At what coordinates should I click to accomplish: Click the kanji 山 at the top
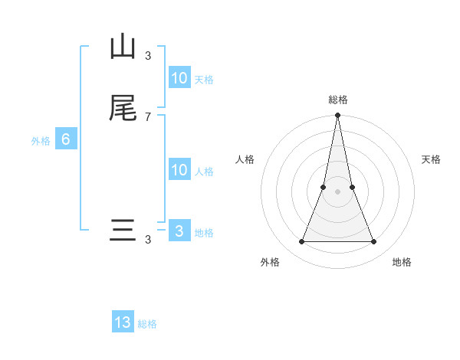123,47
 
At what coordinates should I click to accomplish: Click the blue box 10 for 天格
179,78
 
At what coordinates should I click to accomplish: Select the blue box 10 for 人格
179,170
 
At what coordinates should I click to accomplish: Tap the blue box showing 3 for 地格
179,231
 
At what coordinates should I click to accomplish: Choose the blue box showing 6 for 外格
66,139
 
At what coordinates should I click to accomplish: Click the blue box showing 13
123,322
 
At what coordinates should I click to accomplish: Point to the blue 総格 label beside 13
147,324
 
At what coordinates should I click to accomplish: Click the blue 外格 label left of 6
41,141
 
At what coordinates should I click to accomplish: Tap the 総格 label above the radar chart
338,100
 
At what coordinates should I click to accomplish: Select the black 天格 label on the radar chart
431,159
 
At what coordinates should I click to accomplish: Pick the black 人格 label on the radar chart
245,159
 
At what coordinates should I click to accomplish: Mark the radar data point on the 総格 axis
338,116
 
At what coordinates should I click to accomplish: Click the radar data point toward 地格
374,241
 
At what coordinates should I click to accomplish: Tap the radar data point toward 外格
301,241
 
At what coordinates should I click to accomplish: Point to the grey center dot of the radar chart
338,191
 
